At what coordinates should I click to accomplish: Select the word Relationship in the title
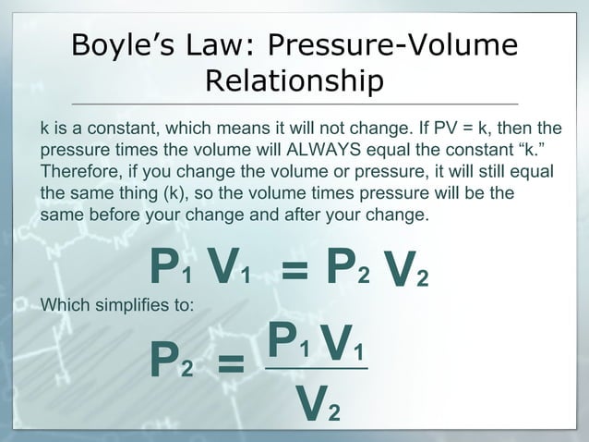[x=294, y=81]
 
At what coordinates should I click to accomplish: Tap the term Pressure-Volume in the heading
[x=391, y=45]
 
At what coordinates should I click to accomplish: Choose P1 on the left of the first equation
[x=172, y=269]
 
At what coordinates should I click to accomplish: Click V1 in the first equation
[x=229, y=269]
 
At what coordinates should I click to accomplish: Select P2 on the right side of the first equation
[x=347, y=269]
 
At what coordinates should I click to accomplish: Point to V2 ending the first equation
[x=406, y=272]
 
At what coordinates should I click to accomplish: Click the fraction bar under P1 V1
[x=316, y=369]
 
